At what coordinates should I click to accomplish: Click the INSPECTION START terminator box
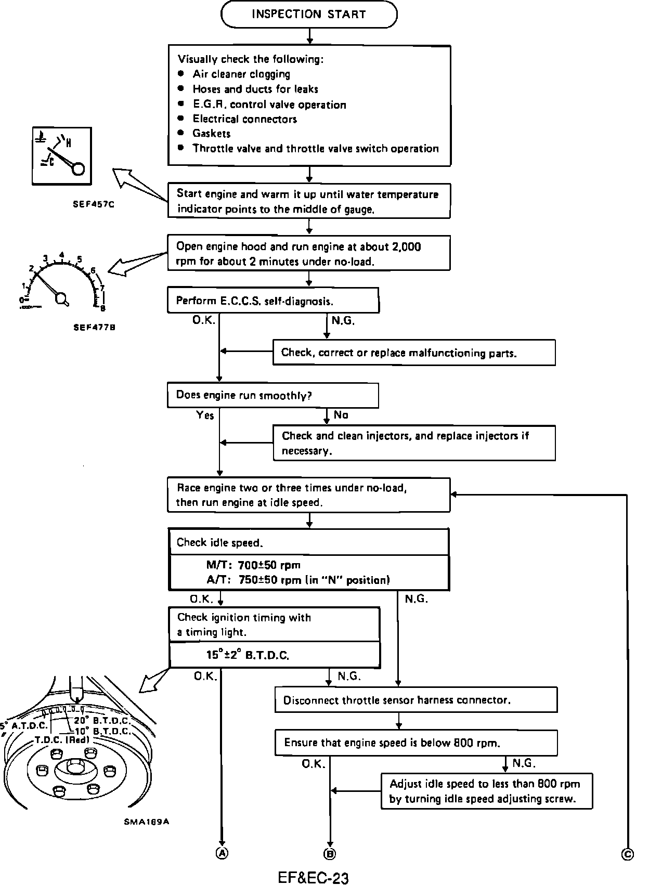point(309,15)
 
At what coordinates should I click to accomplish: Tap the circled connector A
point(222,853)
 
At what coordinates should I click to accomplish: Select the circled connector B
point(330,853)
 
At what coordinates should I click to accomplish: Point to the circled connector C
point(628,853)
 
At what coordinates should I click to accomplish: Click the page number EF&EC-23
point(313,878)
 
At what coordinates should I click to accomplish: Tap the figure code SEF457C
point(94,204)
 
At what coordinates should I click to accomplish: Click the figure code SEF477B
point(94,328)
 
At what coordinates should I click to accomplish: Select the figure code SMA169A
point(147,822)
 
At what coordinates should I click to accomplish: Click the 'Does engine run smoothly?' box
point(272,396)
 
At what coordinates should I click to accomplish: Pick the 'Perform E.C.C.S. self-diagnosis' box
point(272,301)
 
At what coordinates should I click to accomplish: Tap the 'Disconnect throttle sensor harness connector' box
point(416,700)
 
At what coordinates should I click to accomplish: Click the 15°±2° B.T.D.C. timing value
point(248,655)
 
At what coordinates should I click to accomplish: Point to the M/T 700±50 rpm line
point(253,565)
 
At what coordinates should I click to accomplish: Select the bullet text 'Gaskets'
point(211,134)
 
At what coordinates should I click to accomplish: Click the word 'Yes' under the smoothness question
point(205,415)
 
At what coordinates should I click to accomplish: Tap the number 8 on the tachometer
point(103,308)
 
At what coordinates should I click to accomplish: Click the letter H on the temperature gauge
point(69,142)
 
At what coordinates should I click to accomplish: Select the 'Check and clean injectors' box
point(414,443)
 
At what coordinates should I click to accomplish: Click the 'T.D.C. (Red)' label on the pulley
point(62,740)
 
